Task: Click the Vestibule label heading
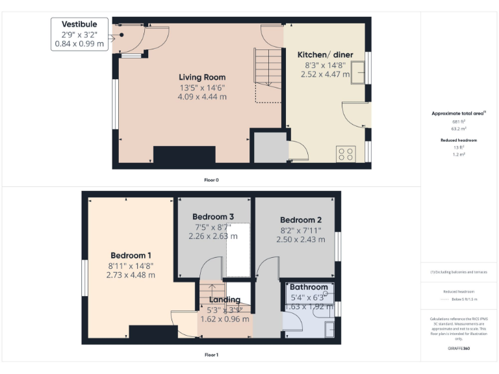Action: (x=79, y=25)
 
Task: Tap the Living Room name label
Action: (x=202, y=77)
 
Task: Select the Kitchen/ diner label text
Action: (x=325, y=55)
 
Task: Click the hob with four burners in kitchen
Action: (x=346, y=155)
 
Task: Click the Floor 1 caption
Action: (x=211, y=355)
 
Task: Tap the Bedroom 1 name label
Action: (x=131, y=255)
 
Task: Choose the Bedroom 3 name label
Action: (x=213, y=216)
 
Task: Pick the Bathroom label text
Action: (x=309, y=287)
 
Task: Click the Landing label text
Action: (x=225, y=300)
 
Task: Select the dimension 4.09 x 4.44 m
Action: (x=202, y=97)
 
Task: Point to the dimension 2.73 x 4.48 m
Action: (x=131, y=275)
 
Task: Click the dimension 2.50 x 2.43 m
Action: (x=300, y=240)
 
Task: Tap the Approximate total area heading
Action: (x=459, y=114)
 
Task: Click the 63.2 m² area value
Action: (x=459, y=129)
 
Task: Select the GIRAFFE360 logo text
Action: (x=459, y=349)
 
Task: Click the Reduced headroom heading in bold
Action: (x=459, y=140)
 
